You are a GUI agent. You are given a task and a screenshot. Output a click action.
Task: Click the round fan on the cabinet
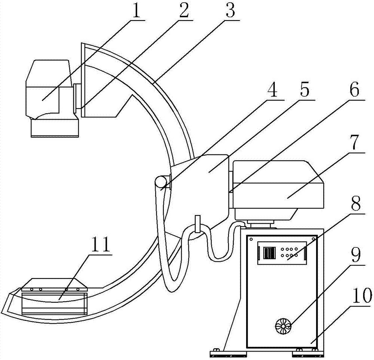[283, 326]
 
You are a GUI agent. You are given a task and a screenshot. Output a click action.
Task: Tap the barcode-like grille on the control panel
[269, 253]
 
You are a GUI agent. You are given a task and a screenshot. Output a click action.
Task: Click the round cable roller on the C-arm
[161, 182]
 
